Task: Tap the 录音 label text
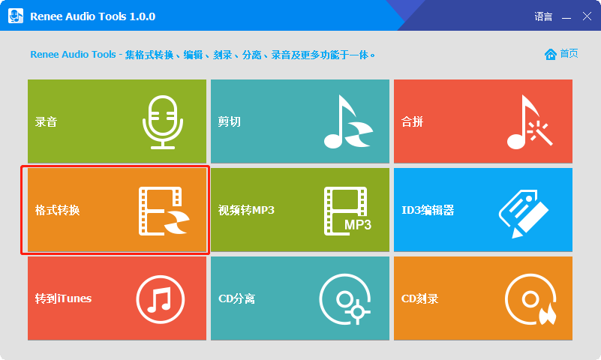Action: (x=46, y=121)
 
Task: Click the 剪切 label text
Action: (x=229, y=121)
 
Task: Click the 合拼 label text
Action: (x=412, y=121)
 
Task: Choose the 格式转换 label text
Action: (x=57, y=210)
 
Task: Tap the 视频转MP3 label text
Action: (x=246, y=210)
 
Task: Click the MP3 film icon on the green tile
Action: (x=347, y=211)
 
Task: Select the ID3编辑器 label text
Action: (x=428, y=210)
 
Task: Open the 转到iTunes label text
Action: (x=63, y=298)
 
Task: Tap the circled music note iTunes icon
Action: (x=160, y=299)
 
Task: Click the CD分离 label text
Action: (x=236, y=298)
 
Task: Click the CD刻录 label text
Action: (x=419, y=298)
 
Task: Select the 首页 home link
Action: (x=562, y=53)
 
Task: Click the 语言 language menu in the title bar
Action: (x=543, y=16)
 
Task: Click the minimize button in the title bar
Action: (x=566, y=16)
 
